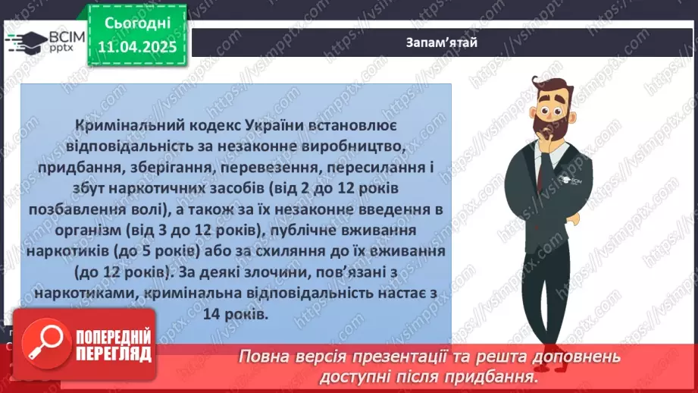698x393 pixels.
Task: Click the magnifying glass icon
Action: [45, 343]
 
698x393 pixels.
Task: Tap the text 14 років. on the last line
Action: [236, 313]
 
